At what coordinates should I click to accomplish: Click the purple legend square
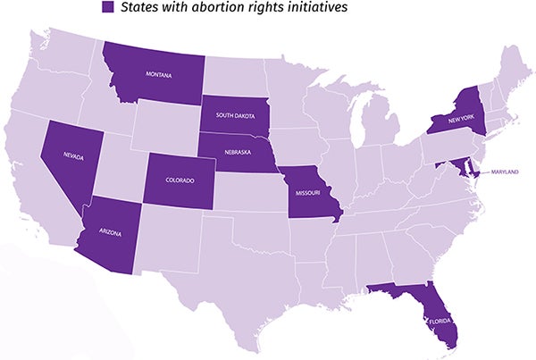click(107, 8)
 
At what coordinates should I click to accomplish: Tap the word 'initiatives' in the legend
click(314, 8)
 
